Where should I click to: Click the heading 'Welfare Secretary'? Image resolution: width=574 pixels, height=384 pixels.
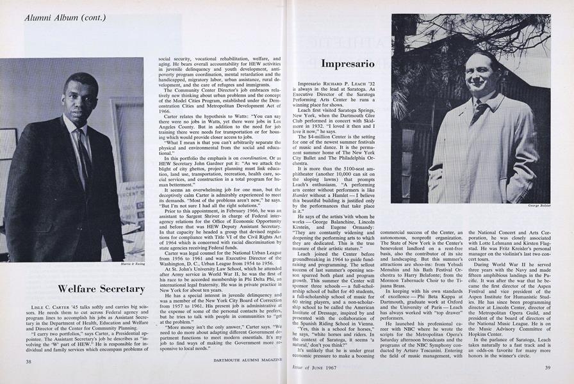[x=101, y=289]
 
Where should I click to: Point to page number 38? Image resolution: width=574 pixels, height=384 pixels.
[x=29, y=362]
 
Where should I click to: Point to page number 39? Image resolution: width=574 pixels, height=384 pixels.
[x=546, y=367]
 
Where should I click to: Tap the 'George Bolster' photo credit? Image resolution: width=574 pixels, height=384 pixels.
[x=540, y=206]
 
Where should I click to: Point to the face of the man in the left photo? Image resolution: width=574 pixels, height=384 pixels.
[x=81, y=94]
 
